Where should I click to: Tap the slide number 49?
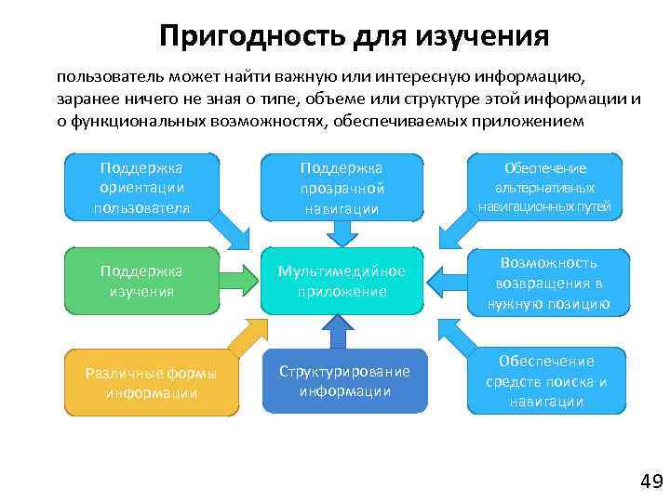point(650,481)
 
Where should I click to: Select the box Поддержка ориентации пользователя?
point(141,187)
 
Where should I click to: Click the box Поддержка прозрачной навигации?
point(341,189)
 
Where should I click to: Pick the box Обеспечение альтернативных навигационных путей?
point(544,187)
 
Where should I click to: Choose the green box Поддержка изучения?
point(141,280)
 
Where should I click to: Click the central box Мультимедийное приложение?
point(341,281)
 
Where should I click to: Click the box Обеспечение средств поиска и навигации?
point(544,380)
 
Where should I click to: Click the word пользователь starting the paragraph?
point(103,76)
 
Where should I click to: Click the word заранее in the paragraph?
point(87,99)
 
